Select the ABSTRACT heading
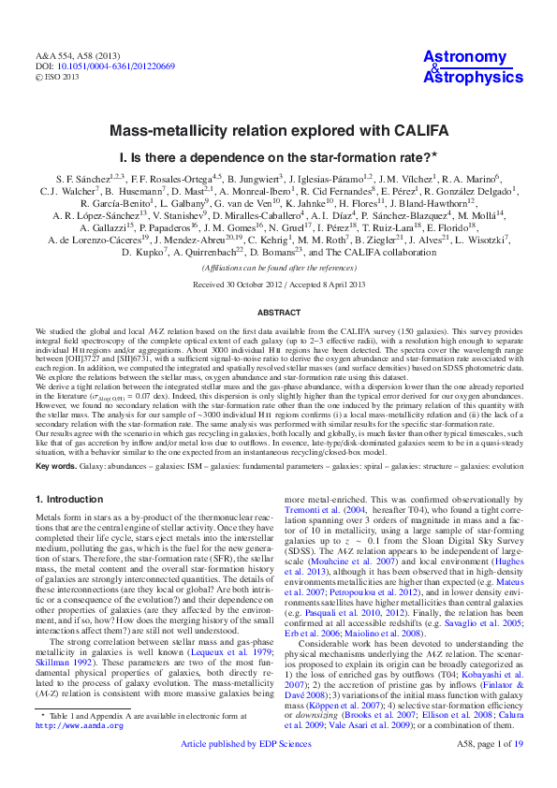point(278,313)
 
